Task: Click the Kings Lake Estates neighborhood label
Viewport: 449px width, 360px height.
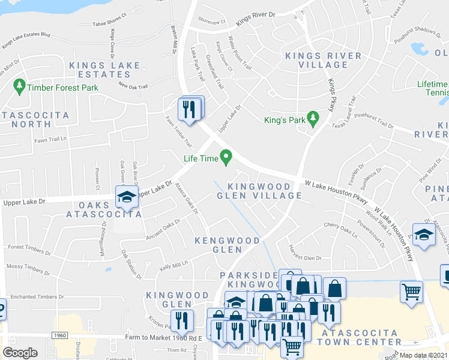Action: (x=104, y=70)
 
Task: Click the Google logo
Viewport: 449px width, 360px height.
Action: (x=20, y=353)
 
